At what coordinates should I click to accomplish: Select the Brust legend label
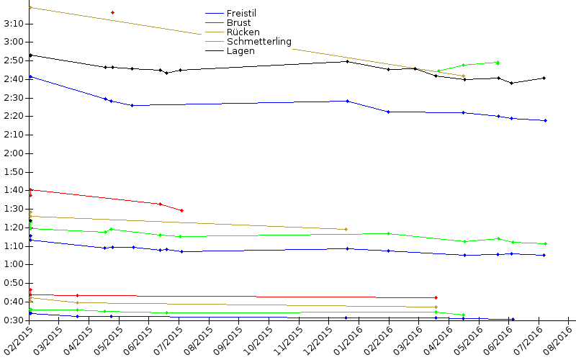238,23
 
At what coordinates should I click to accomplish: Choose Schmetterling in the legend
258,42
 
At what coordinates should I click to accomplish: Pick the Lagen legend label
240,51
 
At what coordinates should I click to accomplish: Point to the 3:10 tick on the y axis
14,24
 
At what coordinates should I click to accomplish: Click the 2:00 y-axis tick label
14,153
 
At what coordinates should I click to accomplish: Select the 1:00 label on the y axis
14,264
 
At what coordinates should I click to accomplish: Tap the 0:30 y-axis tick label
14,320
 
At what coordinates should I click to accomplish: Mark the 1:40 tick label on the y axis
14,190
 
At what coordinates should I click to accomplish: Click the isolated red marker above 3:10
112,13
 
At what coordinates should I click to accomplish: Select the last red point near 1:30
181,210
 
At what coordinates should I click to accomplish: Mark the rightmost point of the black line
544,78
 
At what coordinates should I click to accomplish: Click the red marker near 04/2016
436,297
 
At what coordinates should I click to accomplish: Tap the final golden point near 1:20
346,230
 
